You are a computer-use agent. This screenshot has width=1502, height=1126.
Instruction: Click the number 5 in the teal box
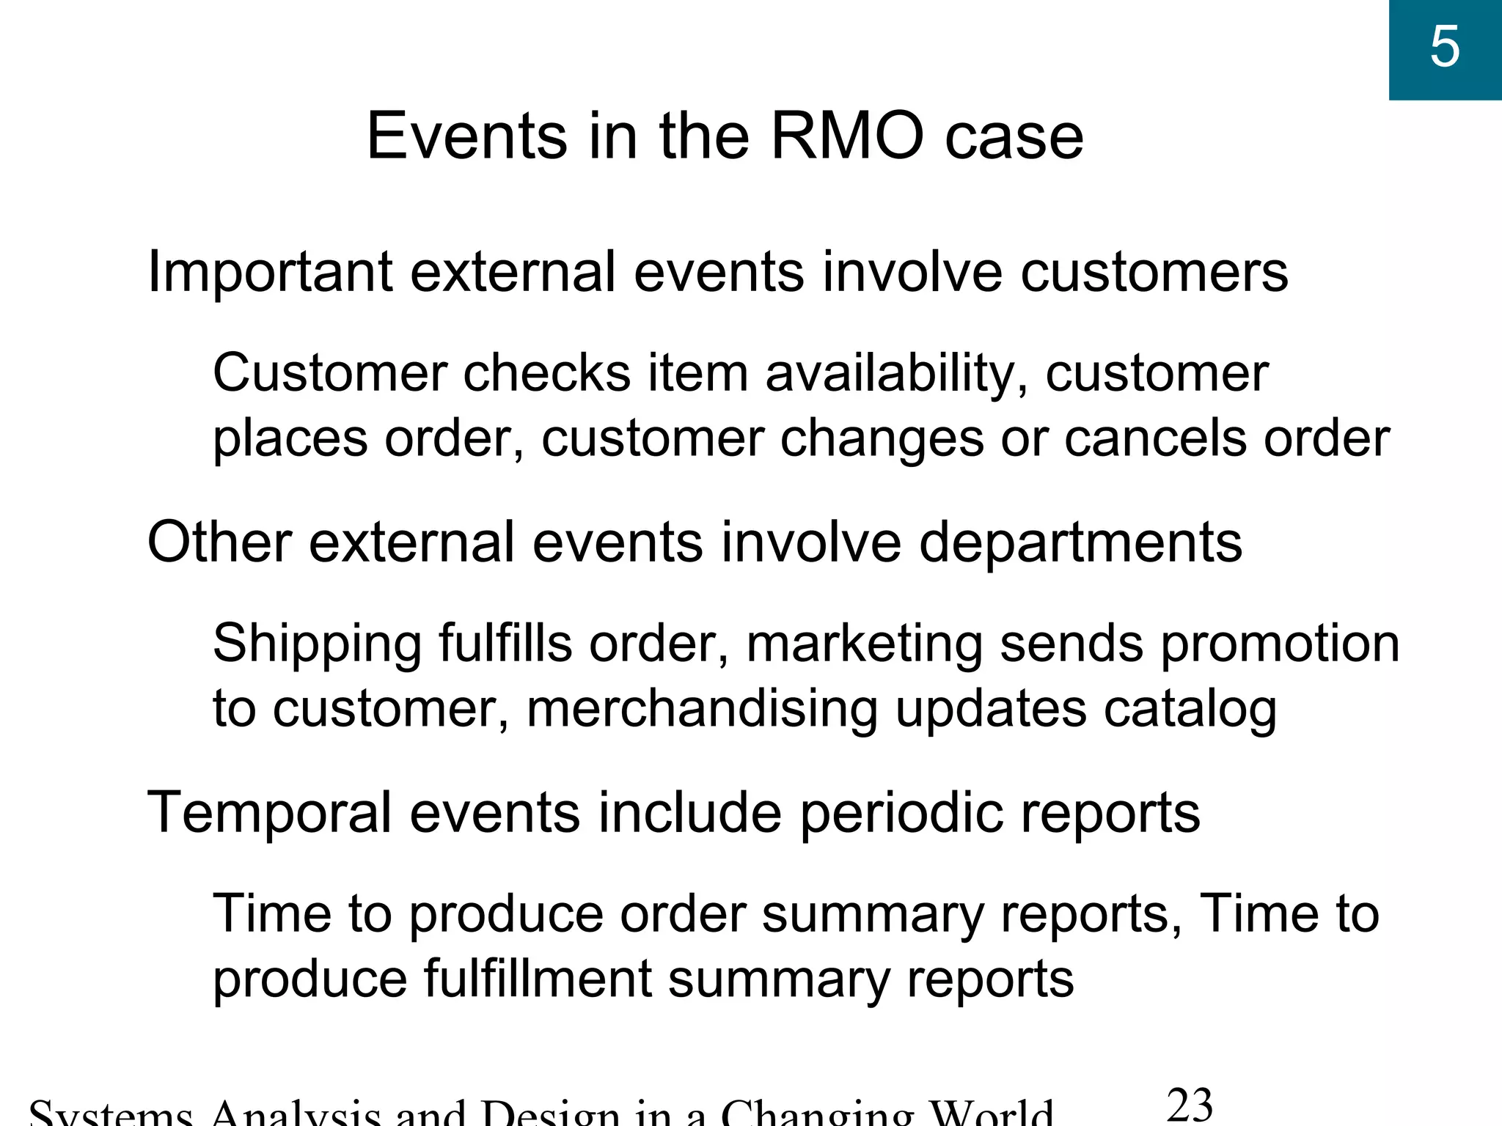coord(1445,47)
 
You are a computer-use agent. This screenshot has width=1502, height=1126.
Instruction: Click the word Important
coord(269,273)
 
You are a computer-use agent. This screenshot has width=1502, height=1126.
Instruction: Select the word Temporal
coord(269,813)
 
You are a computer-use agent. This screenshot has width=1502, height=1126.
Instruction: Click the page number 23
coord(1189,1105)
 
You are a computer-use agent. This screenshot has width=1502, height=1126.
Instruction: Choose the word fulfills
coord(505,644)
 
